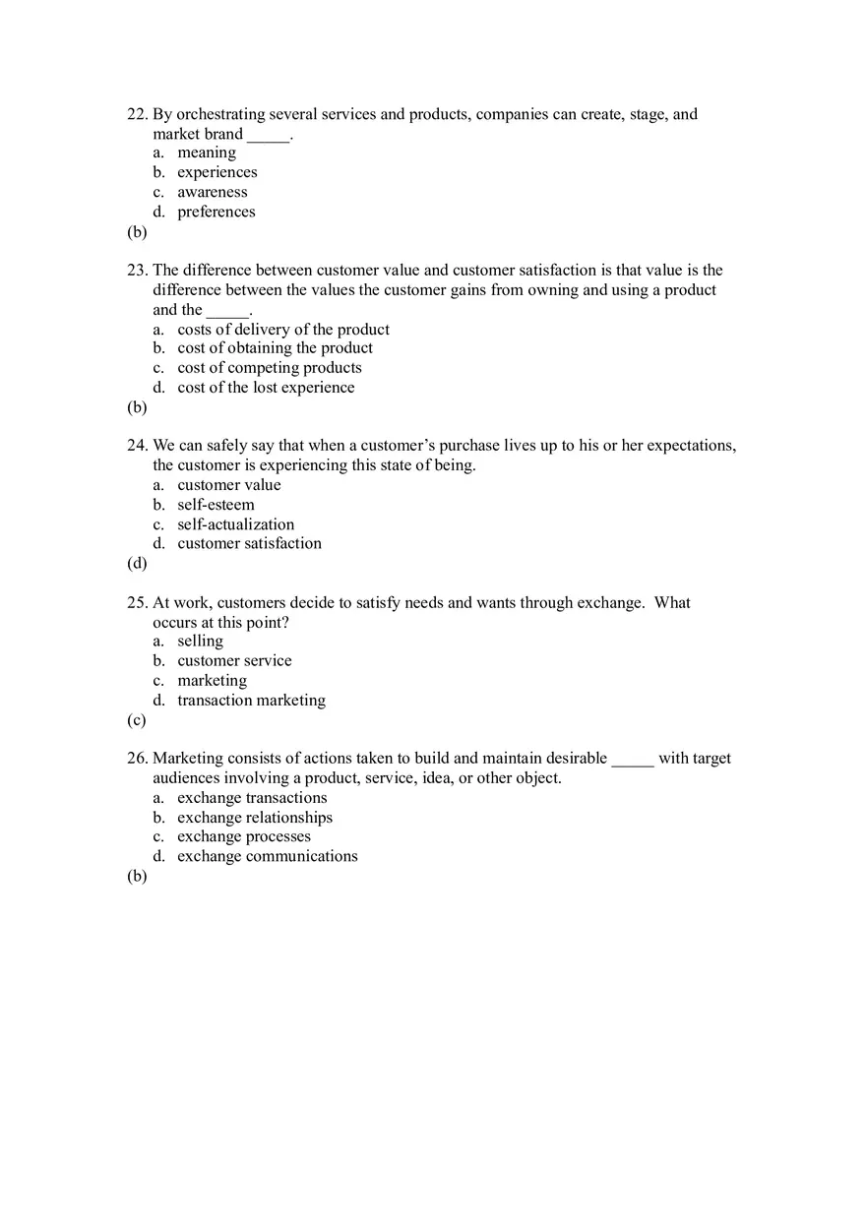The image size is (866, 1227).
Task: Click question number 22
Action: pos(137,114)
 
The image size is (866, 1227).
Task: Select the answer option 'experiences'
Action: pos(216,172)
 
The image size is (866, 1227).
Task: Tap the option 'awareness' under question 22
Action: pos(212,192)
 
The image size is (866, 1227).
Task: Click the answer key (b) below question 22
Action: pos(137,232)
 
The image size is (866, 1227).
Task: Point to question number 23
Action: pos(137,270)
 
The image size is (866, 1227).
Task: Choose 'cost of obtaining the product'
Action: pos(275,348)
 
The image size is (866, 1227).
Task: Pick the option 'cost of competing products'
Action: pos(269,368)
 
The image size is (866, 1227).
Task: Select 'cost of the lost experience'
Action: pos(266,388)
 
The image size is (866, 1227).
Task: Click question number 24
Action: pos(137,445)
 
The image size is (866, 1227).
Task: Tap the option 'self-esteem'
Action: pos(216,505)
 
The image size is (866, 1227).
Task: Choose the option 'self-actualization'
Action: pos(235,524)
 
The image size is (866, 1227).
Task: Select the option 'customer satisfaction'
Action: pos(249,543)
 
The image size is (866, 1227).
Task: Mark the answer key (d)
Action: pos(137,564)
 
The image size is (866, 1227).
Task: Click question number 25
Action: pos(137,602)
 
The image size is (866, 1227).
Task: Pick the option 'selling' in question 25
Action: pos(200,642)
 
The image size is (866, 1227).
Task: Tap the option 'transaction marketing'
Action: pos(251,701)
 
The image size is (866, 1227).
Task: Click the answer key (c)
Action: pos(137,720)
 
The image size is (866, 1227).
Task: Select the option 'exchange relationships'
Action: pos(255,818)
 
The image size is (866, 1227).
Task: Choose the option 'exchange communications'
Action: pos(268,856)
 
